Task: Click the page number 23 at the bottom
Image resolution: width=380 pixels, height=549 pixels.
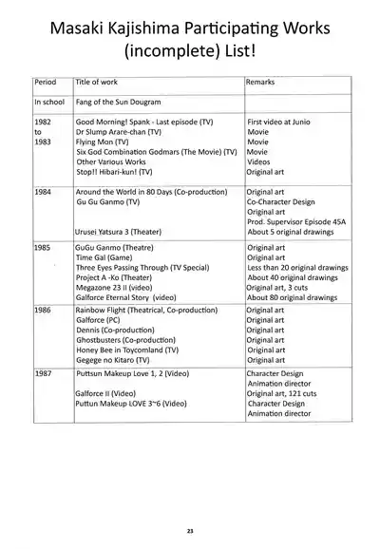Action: [x=190, y=530]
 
